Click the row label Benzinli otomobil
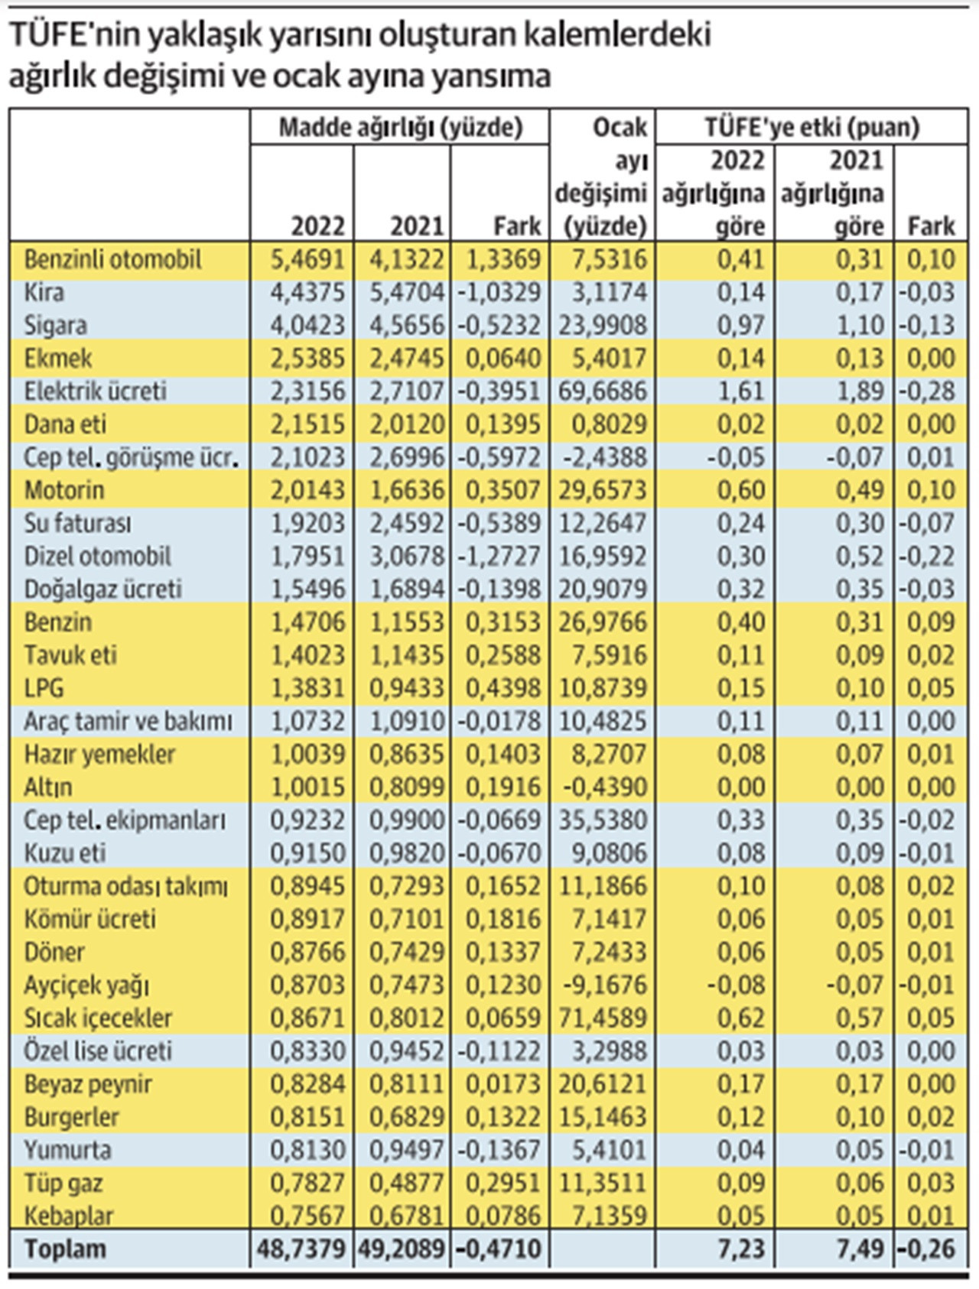(x=112, y=260)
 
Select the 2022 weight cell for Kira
(x=307, y=293)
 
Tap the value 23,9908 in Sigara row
(x=603, y=326)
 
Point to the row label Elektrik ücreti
(x=95, y=391)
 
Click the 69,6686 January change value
(x=603, y=391)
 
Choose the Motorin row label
(x=64, y=490)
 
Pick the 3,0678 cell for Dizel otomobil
(x=406, y=556)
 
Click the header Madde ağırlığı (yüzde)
(x=400, y=127)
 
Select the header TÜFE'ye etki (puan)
(x=811, y=127)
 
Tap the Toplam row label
(x=65, y=1249)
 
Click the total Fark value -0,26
(x=926, y=1249)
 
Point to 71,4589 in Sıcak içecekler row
(x=603, y=1018)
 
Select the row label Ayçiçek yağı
(x=86, y=985)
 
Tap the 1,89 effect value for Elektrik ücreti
(x=860, y=391)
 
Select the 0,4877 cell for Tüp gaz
(x=406, y=1183)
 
